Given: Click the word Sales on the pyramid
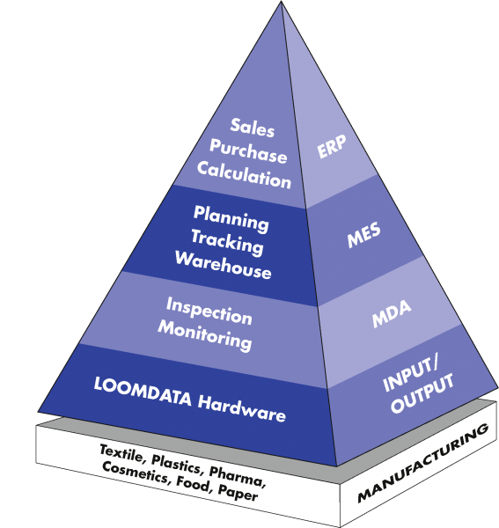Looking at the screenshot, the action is tap(253, 128).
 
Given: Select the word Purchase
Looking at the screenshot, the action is tap(248, 151).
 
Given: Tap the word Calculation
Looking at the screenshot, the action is tap(244, 175).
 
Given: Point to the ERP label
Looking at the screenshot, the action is tap(332, 146).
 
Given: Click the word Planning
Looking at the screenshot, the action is tap(231, 218).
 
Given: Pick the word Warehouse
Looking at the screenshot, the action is tap(223, 265).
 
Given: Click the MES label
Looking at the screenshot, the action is tap(363, 235).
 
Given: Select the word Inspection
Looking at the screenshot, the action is tap(209, 312).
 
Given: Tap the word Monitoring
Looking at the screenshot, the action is tap(205, 335).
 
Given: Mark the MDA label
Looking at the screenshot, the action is tap(392, 313).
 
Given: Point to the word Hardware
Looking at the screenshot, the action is tap(242, 409).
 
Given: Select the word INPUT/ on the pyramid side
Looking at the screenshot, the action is tap(411, 374).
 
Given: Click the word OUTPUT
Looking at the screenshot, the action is tap(422, 393).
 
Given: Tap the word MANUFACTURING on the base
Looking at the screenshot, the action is tap(423, 463).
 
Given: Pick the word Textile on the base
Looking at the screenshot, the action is tap(121, 453).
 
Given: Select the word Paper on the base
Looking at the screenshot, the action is tap(238, 492).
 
